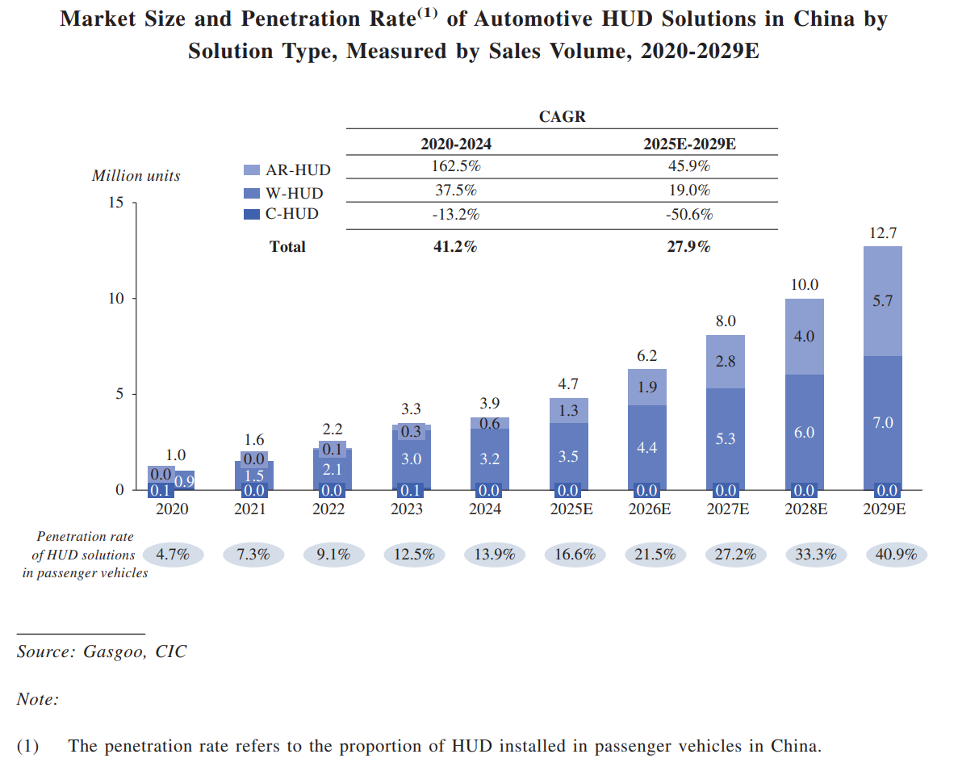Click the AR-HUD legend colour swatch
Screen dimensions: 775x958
tap(252, 170)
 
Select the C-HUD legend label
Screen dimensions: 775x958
tap(292, 214)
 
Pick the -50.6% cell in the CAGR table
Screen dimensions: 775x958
tap(688, 215)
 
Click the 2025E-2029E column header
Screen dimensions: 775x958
tap(688, 145)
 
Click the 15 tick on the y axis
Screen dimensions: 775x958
tap(116, 202)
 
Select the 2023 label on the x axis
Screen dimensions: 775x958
tap(407, 509)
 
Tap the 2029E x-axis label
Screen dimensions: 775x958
tap(883, 509)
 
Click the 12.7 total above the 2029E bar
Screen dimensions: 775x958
tap(883, 233)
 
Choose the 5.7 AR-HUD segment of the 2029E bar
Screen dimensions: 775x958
tap(883, 300)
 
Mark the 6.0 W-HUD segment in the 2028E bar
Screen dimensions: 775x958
tap(805, 433)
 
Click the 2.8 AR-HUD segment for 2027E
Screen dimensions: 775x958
tap(726, 361)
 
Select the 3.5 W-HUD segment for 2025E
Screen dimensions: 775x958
tap(568, 457)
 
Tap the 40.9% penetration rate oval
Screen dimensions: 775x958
tap(896, 555)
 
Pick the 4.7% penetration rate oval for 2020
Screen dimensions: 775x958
tap(172, 555)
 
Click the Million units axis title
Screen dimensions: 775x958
tap(136, 175)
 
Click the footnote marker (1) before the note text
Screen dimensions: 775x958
tap(27, 746)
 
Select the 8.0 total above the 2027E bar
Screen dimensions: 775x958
tap(726, 321)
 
